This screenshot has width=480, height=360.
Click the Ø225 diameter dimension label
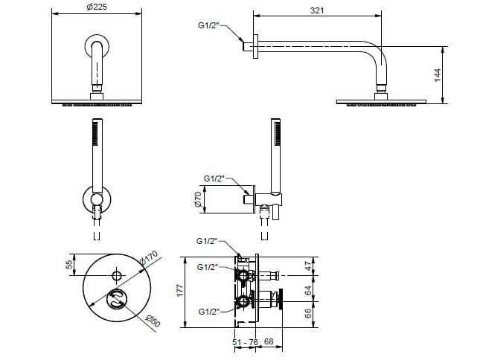pos(97,7)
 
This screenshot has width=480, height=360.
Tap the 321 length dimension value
pos(317,10)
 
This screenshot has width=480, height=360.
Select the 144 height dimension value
pos(438,75)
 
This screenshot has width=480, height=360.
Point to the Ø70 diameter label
pos(199,199)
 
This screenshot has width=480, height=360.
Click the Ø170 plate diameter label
pos(149,257)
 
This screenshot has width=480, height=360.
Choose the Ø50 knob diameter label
pos(153,321)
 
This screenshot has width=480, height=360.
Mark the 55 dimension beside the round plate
pos(71,264)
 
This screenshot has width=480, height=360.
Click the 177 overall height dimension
pos(180,290)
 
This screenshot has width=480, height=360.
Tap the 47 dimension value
pos(309,266)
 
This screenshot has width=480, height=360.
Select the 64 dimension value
pos(308,290)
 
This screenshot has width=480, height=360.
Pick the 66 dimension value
pos(308,313)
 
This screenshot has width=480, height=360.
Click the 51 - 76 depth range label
pos(245,342)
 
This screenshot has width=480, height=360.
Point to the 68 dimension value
pos(269,341)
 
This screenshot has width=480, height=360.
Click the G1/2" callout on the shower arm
pos(209,25)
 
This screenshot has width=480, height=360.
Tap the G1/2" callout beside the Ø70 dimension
pos(214,179)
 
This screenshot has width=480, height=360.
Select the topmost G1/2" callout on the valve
pos(207,241)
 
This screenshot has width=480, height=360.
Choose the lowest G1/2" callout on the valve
pos(209,312)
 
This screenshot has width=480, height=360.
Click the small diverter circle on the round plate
pos(117,275)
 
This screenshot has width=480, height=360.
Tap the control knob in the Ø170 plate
pos(117,299)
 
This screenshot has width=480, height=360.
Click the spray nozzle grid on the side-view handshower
pos(278,133)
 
